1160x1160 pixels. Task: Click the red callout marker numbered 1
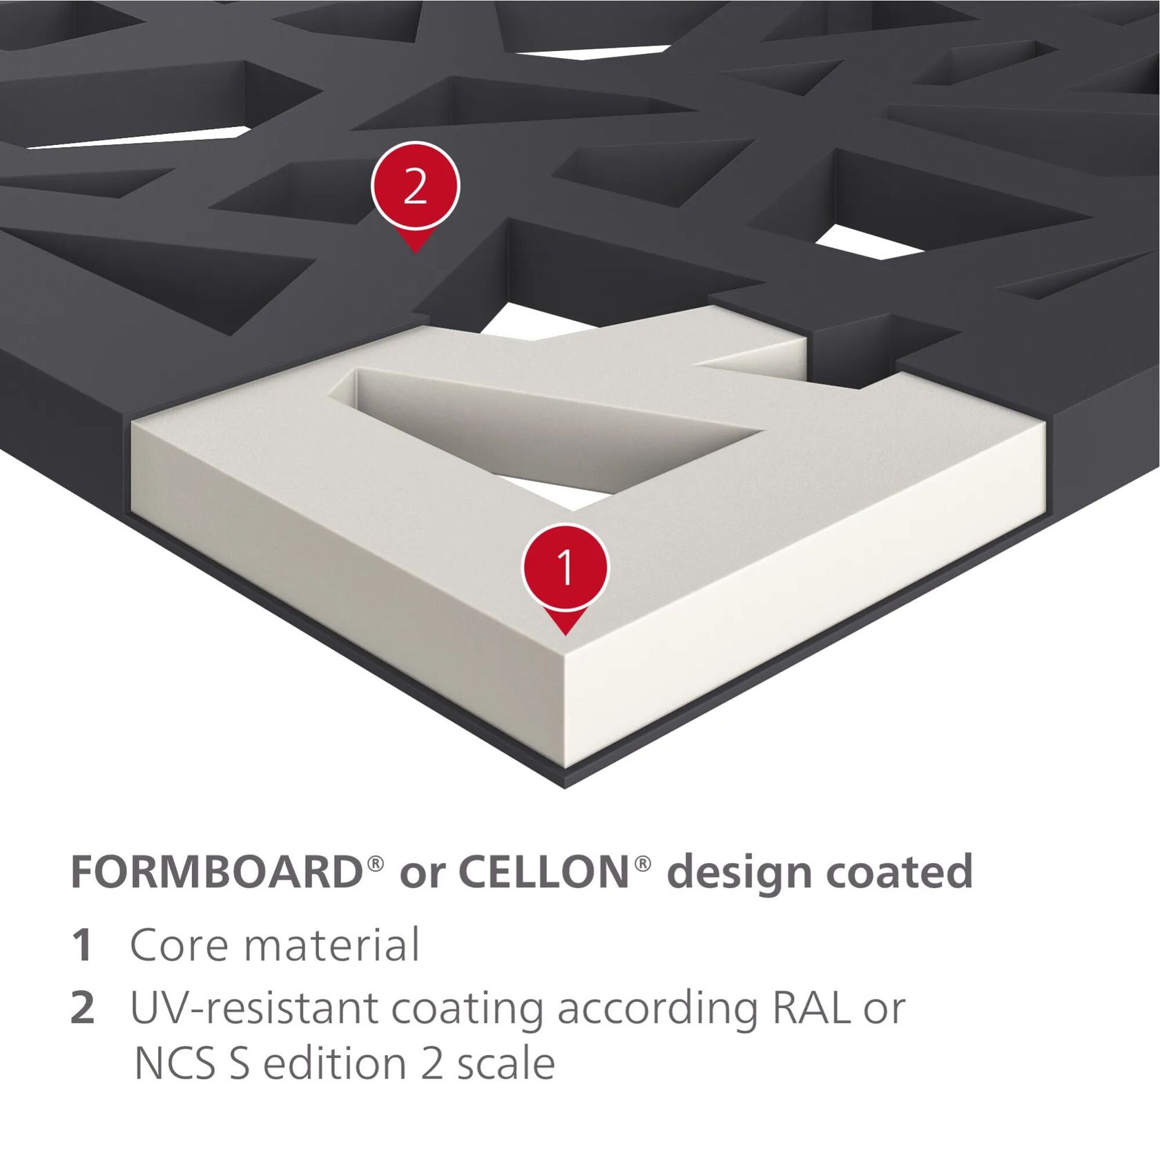[565, 573]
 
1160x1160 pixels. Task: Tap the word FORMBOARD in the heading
[217, 872]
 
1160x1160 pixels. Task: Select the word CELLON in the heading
[543, 872]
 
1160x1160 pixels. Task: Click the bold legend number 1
[82, 945]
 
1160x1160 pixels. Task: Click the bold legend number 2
[83, 1008]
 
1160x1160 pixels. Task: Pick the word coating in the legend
[467, 1011]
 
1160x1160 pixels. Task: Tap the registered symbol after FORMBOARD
[376, 863]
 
